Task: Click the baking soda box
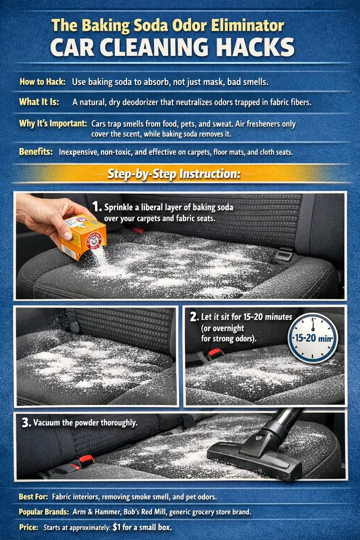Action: [83, 237]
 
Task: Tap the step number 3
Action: [24, 423]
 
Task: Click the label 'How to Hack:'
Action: [43, 82]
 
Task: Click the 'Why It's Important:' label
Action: [53, 123]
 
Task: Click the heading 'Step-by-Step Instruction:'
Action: [174, 173]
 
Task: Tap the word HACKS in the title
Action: [254, 48]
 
